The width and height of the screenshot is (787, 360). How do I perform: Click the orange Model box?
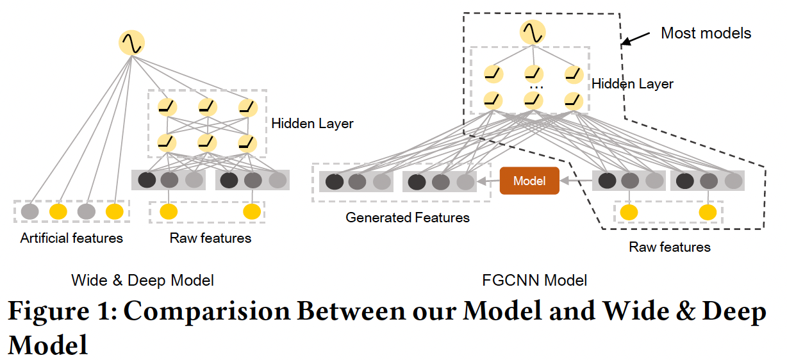point(529,181)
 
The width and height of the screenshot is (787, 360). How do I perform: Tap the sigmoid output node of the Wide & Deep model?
point(131,43)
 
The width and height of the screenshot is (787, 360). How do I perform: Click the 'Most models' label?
point(706,33)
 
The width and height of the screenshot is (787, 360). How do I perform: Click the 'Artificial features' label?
point(71,238)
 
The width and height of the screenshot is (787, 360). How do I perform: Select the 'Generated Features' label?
point(407,218)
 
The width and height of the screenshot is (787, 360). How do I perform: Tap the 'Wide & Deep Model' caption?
point(142,280)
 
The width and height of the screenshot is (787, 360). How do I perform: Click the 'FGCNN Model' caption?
point(534,280)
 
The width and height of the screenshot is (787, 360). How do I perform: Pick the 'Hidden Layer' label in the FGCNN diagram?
point(632,84)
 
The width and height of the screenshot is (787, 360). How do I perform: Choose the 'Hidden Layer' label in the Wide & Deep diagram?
point(312,124)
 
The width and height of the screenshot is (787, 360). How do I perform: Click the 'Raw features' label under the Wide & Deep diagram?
point(210,238)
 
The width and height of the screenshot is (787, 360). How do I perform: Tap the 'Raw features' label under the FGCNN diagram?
point(670,247)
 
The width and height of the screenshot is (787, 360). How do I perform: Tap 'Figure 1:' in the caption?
point(62,312)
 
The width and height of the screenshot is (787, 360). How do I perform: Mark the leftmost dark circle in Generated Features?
point(335,182)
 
